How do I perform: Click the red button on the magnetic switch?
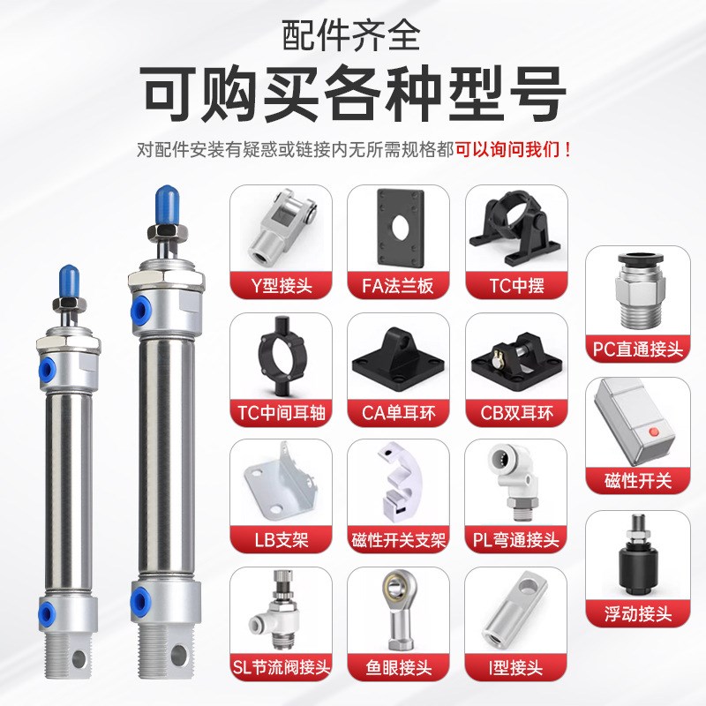coord(654,433)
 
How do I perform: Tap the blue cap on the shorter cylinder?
coord(67,283)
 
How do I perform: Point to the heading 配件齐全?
coord(352,35)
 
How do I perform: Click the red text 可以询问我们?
coord(507,149)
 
